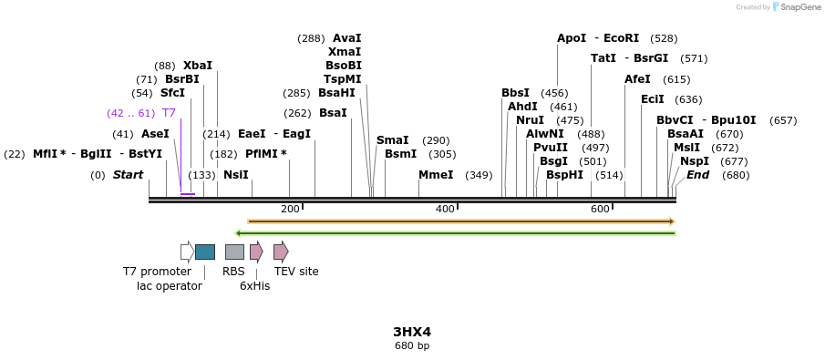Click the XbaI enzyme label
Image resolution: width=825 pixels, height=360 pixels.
pos(197,66)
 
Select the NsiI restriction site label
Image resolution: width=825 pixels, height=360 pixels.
pos(235,175)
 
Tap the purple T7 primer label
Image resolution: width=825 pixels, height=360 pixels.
pos(169,113)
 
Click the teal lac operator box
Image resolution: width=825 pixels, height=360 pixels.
pos(205,252)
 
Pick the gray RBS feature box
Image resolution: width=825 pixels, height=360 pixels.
pos(234,252)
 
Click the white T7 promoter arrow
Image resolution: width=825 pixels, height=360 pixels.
pos(187,252)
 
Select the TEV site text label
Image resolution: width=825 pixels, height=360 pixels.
pos(296,272)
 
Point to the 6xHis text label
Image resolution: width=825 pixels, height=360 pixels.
pos(254,286)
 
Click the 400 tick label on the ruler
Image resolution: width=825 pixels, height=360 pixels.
pos(444,210)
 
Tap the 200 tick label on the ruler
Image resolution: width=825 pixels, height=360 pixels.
pos(290,210)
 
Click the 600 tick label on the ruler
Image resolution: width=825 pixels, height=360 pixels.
pos(599,210)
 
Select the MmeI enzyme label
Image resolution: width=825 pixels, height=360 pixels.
pos(436,175)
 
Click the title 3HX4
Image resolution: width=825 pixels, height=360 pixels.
pos(412,332)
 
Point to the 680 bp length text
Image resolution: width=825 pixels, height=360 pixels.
pos(412,346)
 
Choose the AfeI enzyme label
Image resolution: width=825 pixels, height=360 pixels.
pos(637,79)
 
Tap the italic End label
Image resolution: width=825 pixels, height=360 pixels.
pos(697,175)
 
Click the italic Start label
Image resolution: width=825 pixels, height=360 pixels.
pos(128,175)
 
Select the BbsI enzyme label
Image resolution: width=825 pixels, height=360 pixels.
pos(515,93)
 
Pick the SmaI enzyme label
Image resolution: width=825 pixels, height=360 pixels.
pos(392,140)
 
